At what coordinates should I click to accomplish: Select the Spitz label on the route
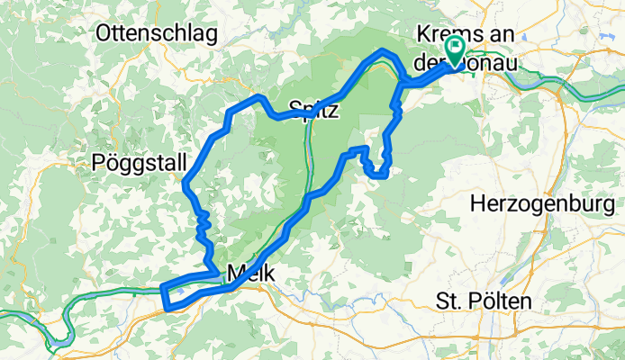click(313, 110)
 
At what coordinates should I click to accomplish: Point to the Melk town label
click(251, 270)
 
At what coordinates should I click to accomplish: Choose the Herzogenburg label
click(547, 204)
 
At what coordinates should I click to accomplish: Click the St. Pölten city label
click(483, 299)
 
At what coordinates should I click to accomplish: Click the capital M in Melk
click(237, 270)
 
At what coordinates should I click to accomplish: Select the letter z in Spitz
click(333, 110)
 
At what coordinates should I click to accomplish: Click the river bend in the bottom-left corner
click(59, 337)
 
